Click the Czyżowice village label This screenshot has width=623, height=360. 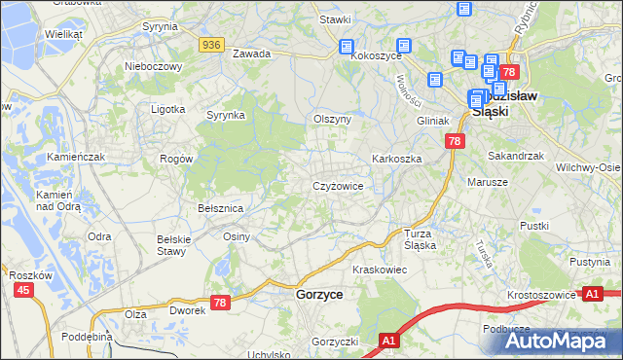[x=338, y=186]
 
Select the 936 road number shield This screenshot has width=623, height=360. [x=211, y=45]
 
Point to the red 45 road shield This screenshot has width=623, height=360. [x=21, y=290]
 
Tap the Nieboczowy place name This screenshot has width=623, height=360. [x=154, y=67]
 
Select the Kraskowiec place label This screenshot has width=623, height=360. [x=379, y=269]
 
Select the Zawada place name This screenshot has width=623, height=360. [x=251, y=54]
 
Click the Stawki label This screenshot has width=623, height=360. [x=335, y=19]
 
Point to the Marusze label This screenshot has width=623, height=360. [x=488, y=182]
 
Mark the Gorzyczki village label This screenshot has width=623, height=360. [x=336, y=342]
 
